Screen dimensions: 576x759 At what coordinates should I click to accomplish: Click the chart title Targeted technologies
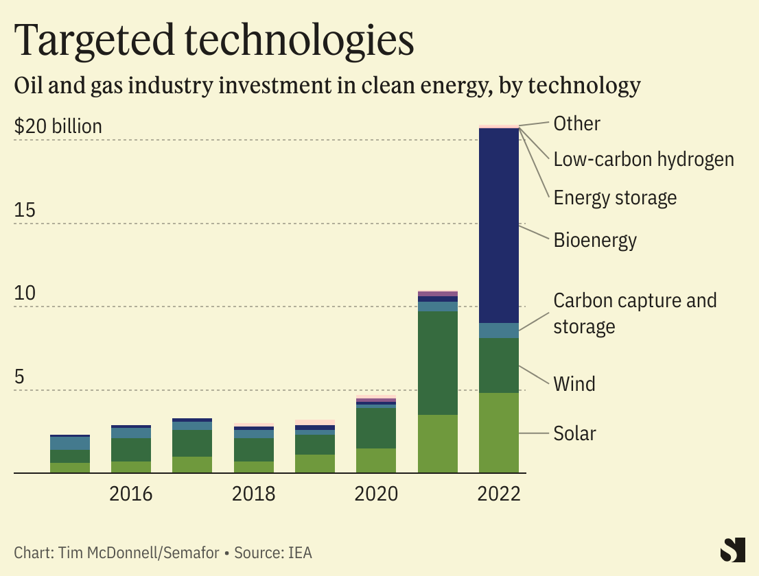[214, 40]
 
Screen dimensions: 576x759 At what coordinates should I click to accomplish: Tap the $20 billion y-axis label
[58, 127]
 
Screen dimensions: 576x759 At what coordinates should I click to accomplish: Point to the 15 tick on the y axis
[25, 211]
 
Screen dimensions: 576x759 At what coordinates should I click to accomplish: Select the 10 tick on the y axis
[25, 293]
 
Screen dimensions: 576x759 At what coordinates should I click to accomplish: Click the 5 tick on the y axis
[20, 377]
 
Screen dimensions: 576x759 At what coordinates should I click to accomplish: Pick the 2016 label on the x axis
[131, 494]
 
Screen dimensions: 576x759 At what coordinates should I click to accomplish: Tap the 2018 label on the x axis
[253, 494]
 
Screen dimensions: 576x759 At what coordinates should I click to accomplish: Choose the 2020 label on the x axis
[376, 494]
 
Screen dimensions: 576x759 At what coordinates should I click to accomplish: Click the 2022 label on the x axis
[499, 494]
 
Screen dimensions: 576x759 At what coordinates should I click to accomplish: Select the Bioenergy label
[595, 241]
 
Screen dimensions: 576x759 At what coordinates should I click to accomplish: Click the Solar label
[575, 433]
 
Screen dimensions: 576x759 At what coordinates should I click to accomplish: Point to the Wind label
[574, 383]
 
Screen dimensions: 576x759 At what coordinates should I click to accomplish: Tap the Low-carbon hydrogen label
[644, 160]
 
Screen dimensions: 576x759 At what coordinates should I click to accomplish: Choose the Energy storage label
[615, 198]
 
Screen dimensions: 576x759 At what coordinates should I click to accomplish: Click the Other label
[576, 123]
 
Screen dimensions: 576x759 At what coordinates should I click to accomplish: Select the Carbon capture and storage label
[635, 313]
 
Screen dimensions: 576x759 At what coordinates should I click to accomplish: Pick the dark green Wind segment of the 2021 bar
[438, 363]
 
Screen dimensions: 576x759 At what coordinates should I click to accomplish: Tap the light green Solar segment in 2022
[499, 433]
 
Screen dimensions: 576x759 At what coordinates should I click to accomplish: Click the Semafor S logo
[733, 550]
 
